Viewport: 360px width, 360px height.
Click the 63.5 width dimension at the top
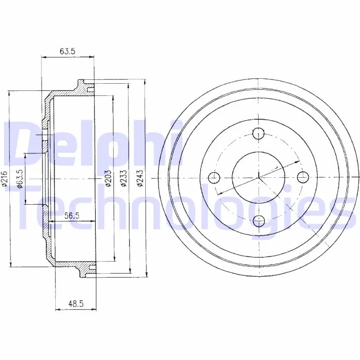point(67,51)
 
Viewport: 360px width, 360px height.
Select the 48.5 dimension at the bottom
point(76,304)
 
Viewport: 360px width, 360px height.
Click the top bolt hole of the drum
point(258,133)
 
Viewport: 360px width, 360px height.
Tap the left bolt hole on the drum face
point(214,177)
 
